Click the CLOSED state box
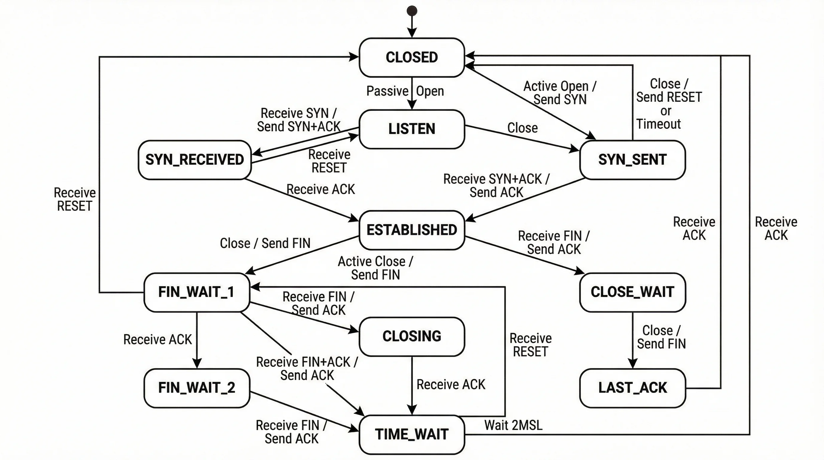tap(412, 57)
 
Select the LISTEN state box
tap(412, 129)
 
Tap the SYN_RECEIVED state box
tap(195, 160)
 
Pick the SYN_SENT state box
tap(632, 160)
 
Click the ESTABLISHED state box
tap(412, 230)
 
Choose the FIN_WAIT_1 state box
tap(196, 292)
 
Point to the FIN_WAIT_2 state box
tap(196, 388)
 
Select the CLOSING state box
tap(412, 336)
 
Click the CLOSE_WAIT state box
tap(632, 292)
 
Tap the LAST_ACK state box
tap(632, 388)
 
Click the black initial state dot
tap(412, 11)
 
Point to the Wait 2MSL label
tap(513, 425)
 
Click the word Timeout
tap(658, 124)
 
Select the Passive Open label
tap(405, 91)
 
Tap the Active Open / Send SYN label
tap(560, 93)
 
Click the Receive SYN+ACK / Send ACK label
tap(496, 186)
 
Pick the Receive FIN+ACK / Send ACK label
tap(307, 369)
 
